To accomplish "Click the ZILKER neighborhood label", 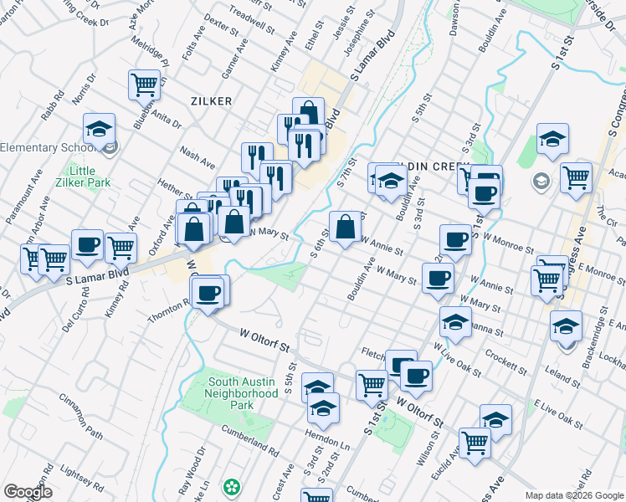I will pyautogui.click(x=211, y=100).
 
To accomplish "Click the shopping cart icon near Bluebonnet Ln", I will pyautogui.click(x=144, y=85).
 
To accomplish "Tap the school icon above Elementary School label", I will pyautogui.click(x=99, y=130).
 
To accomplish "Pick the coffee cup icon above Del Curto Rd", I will pyautogui.click(x=87, y=245).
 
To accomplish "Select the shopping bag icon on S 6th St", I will pyautogui.click(x=346, y=227).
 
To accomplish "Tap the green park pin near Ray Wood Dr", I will pyautogui.click(x=230, y=486).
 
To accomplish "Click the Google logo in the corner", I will pyautogui.click(x=28, y=491).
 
